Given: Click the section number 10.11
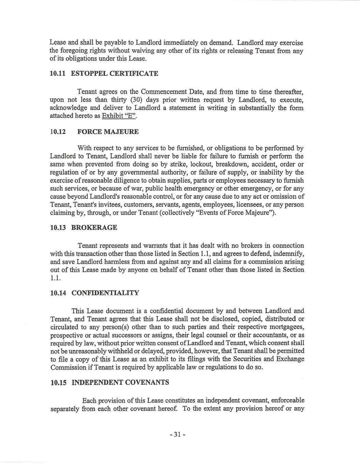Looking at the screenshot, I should [59, 73].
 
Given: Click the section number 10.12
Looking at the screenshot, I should [59, 132].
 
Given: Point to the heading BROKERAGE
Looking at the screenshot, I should [94, 228].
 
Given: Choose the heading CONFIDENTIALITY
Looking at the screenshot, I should [105, 293].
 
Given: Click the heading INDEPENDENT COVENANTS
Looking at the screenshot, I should [120, 382].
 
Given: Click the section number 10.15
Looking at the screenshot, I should [59, 382].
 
